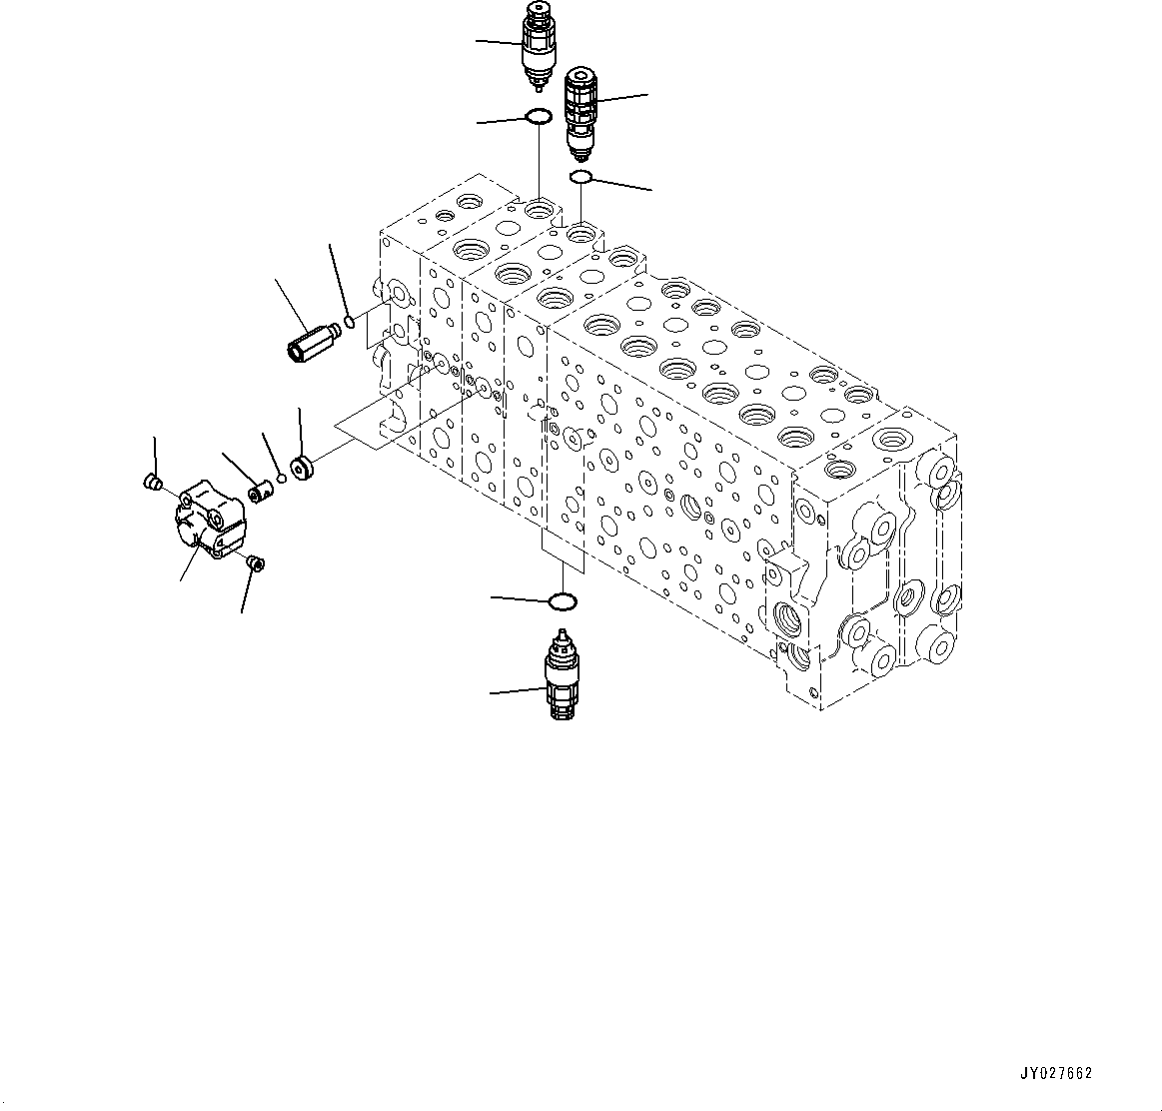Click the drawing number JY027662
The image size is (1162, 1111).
pyautogui.click(x=1056, y=1074)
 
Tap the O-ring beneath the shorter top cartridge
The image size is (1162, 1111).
pyautogui.click(x=539, y=117)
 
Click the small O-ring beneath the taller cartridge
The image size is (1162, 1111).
pyautogui.click(x=581, y=178)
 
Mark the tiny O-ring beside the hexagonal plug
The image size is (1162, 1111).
pyautogui.click(x=349, y=322)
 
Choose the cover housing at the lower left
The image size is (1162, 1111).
pyautogui.click(x=211, y=518)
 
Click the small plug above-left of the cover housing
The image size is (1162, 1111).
pyautogui.click(x=153, y=484)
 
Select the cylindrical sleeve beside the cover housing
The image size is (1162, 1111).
pyautogui.click(x=261, y=493)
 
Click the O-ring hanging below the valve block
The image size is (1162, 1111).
pyautogui.click(x=564, y=601)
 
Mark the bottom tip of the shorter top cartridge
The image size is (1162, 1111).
pyautogui.click(x=539, y=84)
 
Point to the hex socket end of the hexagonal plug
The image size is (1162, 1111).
pyautogui.click(x=297, y=351)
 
